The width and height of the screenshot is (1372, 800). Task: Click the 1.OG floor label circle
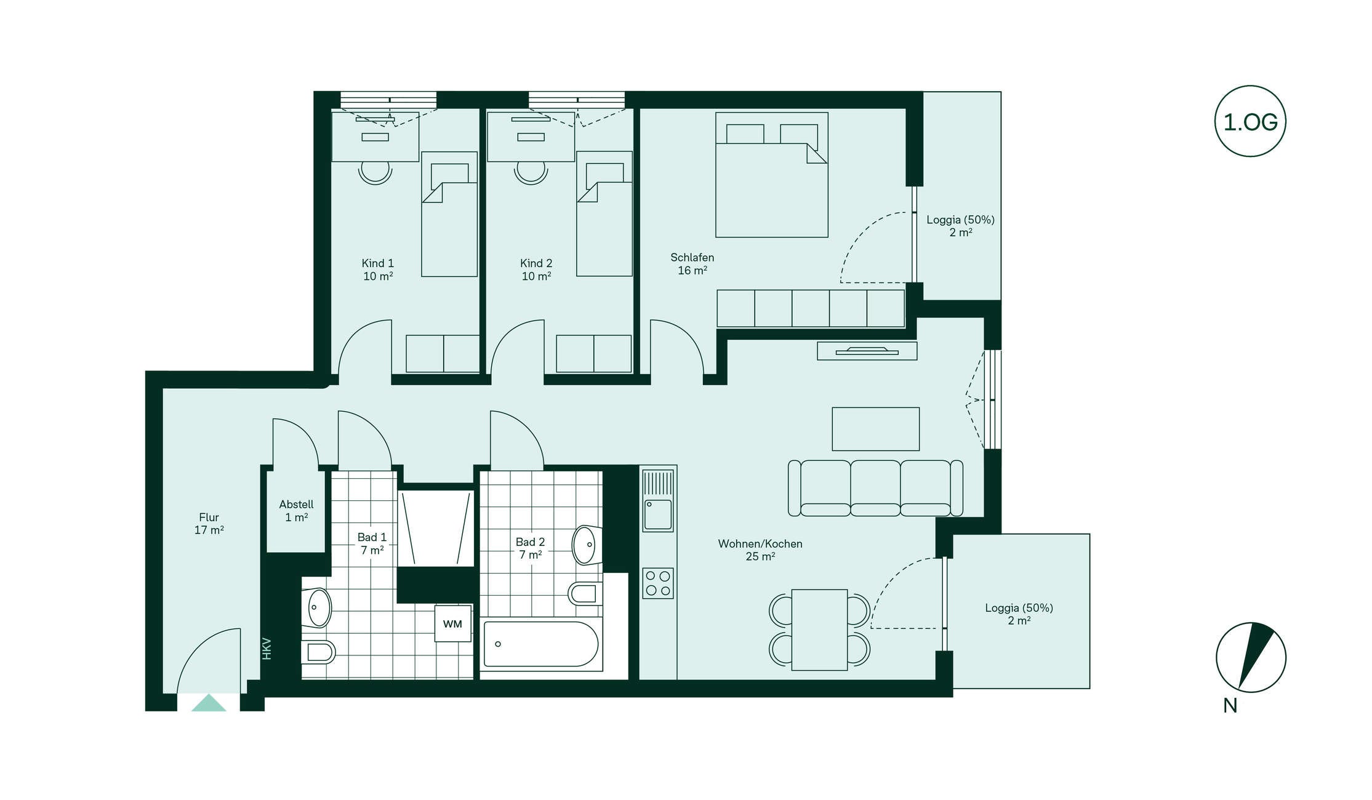[1250, 121]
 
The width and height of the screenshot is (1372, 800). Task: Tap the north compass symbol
[1251, 657]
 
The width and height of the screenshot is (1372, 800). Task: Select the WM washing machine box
[452, 623]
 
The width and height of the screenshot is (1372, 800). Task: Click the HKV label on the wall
[267, 649]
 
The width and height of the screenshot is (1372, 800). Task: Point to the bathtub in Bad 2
[541, 644]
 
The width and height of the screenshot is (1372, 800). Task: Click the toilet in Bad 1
[318, 651]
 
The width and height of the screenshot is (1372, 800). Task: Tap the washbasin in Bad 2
[587, 545]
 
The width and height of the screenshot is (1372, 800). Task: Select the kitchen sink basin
[658, 514]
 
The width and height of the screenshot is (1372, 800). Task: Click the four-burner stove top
[658, 583]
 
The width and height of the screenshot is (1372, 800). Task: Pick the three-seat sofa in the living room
[875, 488]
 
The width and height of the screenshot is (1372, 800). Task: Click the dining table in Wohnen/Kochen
[819, 630]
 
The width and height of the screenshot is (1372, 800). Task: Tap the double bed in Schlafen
[771, 175]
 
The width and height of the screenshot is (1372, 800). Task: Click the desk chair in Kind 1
[375, 172]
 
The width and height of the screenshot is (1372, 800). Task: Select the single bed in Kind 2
[604, 214]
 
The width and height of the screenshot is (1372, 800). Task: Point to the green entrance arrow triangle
[209, 703]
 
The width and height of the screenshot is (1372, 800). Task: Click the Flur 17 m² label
[209, 524]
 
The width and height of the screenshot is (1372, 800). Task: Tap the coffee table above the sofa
[875, 429]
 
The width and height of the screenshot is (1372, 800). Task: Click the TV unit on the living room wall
[867, 351]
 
